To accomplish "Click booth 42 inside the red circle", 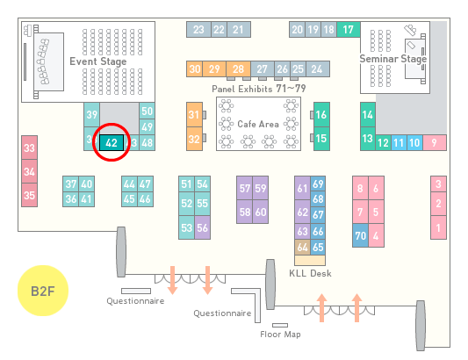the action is coord(112,142).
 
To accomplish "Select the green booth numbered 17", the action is coord(349,29).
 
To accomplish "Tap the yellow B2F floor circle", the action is coord(43,291).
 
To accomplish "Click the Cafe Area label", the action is coord(258,124).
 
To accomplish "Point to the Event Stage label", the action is coord(98,61).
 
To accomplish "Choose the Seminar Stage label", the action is coord(393,59).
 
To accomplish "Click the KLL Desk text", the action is coord(310,273).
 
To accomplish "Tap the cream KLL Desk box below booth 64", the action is coord(310,260).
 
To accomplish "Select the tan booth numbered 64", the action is coord(302,247).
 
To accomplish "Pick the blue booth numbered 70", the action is coord(360,235).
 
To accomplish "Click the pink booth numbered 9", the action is coord(435,143).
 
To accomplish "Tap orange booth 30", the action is coord(194,69).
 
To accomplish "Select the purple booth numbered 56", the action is coord(202,227).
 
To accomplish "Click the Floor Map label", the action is coord(280,334).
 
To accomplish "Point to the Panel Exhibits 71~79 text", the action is coord(259,89).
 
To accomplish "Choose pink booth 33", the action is coord(29,148).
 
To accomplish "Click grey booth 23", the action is coord(198,29).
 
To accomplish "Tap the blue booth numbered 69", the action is coord(318,184).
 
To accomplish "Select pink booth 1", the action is coord(438,227).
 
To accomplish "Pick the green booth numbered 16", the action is coord(321,115).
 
